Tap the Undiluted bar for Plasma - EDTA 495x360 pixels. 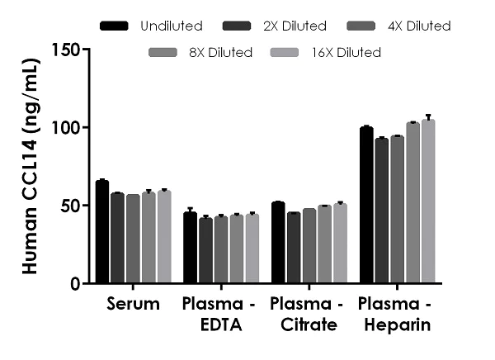(x=190, y=248)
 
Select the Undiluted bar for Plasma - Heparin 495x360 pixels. (x=366, y=206)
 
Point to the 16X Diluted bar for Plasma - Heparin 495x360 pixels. (x=428, y=201)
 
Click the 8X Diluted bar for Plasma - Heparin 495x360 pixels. (x=412, y=203)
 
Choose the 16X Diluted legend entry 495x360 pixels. (x=326, y=53)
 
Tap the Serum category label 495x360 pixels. (x=133, y=304)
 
